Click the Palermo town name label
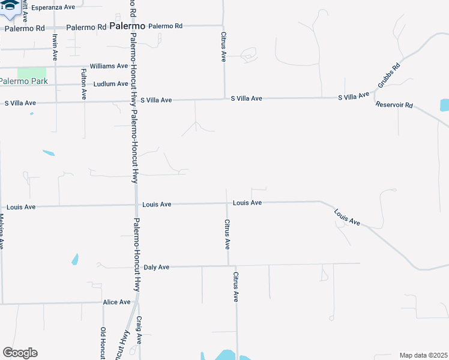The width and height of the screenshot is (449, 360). (127, 26)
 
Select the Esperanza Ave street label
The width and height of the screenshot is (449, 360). (53, 7)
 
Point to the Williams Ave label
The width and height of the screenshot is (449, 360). (109, 66)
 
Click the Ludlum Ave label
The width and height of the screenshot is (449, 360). (110, 84)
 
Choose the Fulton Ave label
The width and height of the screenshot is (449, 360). (83, 83)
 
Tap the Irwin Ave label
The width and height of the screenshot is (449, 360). (55, 47)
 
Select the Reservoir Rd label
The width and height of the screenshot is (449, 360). (394, 105)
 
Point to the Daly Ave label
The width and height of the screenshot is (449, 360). (157, 267)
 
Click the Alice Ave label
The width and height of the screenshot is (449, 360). (116, 302)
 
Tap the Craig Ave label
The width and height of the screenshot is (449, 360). (139, 330)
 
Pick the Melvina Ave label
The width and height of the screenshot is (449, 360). (2, 232)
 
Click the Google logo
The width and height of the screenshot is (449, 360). (20, 353)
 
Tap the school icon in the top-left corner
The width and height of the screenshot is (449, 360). (8, 5)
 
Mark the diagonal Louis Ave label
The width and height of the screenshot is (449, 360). (347, 217)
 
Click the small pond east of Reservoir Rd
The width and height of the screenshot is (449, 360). (444, 105)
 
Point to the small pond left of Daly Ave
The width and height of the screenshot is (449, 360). (75, 259)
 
